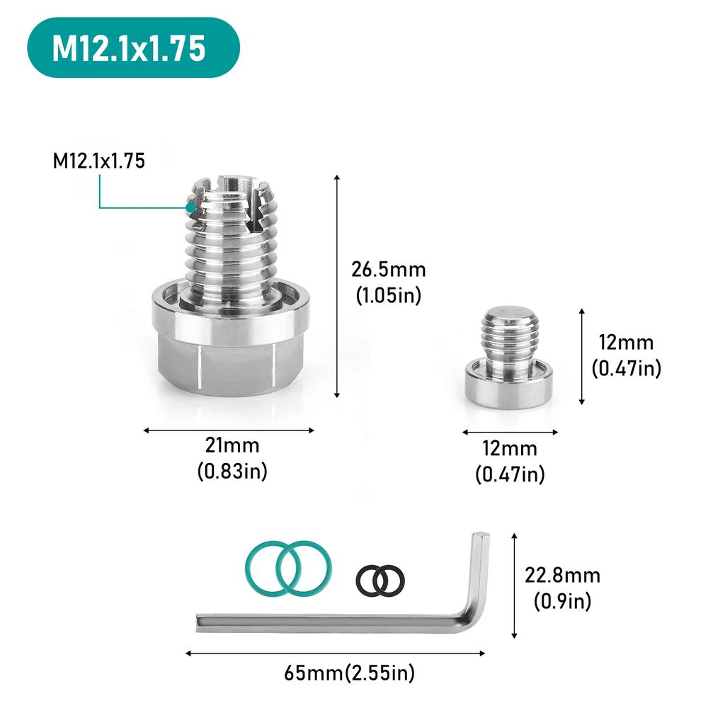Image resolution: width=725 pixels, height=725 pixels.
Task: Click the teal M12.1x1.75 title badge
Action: [133, 47]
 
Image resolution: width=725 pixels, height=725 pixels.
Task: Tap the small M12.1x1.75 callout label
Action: [99, 161]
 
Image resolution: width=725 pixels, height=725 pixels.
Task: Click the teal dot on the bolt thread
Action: [190, 207]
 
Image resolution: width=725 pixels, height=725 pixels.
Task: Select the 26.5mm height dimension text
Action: [389, 270]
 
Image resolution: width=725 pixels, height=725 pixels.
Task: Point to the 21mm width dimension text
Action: [232, 446]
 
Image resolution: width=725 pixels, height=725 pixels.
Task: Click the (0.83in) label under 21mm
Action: [232, 472]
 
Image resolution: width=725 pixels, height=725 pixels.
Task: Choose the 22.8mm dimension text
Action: [562, 575]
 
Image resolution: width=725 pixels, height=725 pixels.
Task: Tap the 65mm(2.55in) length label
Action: [350, 672]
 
